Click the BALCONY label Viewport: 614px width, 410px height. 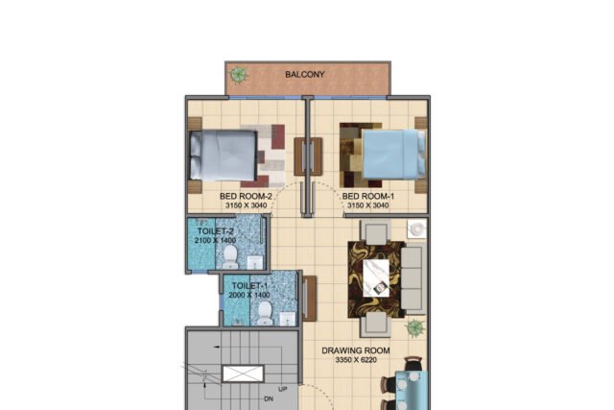[x=305, y=75]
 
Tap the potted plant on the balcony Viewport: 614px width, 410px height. [x=238, y=75]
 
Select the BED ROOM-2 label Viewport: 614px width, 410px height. [x=246, y=196]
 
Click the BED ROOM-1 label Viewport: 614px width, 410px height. [x=368, y=196]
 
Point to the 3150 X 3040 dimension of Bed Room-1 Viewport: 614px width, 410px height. [x=368, y=205]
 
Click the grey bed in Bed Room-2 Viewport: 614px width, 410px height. [x=224, y=155]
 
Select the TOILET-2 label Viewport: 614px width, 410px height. [x=215, y=231]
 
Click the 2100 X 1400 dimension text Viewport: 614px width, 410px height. [x=215, y=240]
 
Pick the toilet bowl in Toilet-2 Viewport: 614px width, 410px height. [x=230, y=257]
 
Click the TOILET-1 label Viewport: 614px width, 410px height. [x=249, y=286]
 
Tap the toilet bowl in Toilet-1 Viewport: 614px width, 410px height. [x=265, y=313]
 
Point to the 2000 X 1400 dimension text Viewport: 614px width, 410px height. [x=249, y=295]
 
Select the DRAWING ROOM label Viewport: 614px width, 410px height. [x=356, y=350]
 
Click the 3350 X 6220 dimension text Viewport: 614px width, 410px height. [x=356, y=360]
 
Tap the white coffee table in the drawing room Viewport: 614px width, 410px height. [x=376, y=277]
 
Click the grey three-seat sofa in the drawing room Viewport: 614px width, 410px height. [x=413, y=277]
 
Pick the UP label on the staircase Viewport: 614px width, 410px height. [x=283, y=389]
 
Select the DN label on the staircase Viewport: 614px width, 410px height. [x=269, y=399]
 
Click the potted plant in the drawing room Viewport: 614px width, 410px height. [x=415, y=327]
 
